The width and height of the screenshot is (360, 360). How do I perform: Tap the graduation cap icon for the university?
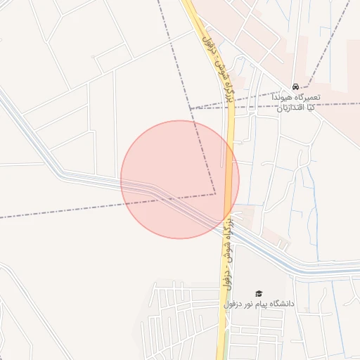click(x=258, y=293)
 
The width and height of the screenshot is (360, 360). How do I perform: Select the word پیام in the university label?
click(x=256, y=304)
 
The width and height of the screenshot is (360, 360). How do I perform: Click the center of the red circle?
click(x=180, y=179)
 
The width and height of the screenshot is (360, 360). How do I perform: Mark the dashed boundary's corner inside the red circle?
click(x=214, y=194)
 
